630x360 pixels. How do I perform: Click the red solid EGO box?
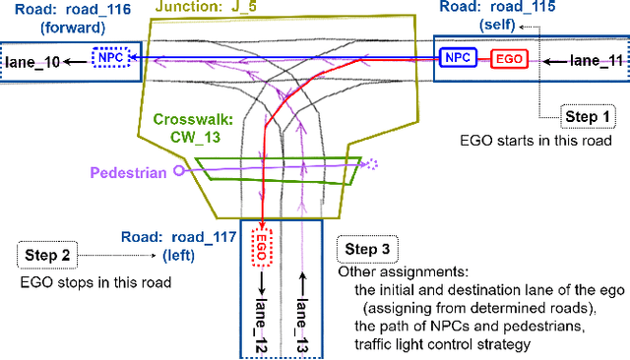[x=508, y=59]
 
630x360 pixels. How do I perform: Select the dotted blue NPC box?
[x=108, y=58]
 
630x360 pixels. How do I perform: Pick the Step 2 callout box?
[x=45, y=255]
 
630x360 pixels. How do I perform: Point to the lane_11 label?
[x=597, y=61]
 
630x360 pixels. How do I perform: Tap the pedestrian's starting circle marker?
[x=178, y=170]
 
